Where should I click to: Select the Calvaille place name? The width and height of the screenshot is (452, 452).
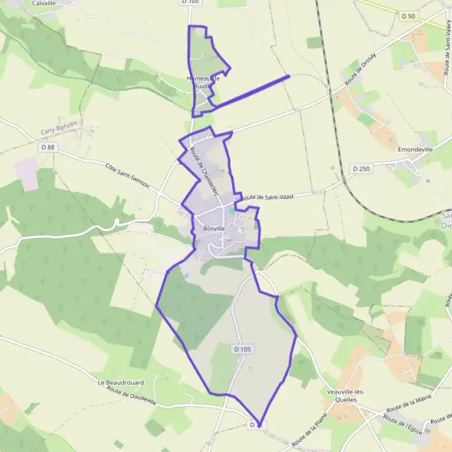[x=44, y=3]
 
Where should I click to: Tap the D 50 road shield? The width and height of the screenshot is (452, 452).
[x=408, y=16]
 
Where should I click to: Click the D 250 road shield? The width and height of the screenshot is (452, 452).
[x=361, y=169]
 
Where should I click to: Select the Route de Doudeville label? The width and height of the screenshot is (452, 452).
[x=131, y=397]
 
